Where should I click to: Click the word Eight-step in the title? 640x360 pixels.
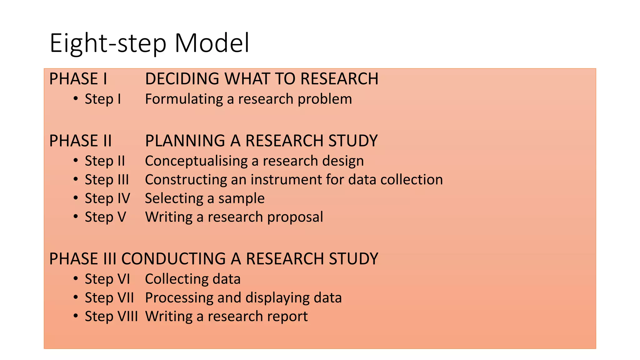[x=108, y=44]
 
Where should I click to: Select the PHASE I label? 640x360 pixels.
[x=78, y=79]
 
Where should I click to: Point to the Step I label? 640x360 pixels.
[x=102, y=99]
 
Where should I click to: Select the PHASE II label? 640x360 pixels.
[x=80, y=141]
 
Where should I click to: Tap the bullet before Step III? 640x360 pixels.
[x=76, y=179]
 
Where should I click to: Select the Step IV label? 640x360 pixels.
[x=107, y=198]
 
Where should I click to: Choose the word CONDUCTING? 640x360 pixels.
[x=173, y=259]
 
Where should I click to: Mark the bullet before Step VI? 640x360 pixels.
[x=76, y=279]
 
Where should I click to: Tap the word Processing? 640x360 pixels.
[x=179, y=298]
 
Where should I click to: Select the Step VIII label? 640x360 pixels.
[x=111, y=316]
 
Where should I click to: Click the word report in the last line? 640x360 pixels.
[x=289, y=317]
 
